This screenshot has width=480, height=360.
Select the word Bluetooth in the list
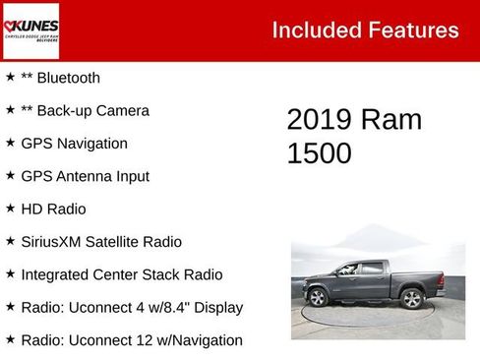pyautogui.click(x=68, y=78)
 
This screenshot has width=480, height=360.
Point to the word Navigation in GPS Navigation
pyautogui.click(x=91, y=144)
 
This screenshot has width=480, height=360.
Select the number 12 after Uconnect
pyautogui.click(x=134, y=340)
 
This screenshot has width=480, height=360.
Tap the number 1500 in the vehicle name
pyautogui.click(x=319, y=153)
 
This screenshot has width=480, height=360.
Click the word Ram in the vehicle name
pyautogui.click(x=392, y=120)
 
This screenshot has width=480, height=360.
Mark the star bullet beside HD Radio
pyautogui.click(x=10, y=209)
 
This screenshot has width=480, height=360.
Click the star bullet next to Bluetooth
pyautogui.click(x=10, y=78)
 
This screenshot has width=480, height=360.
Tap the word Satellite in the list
pyautogui.click(x=124, y=242)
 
